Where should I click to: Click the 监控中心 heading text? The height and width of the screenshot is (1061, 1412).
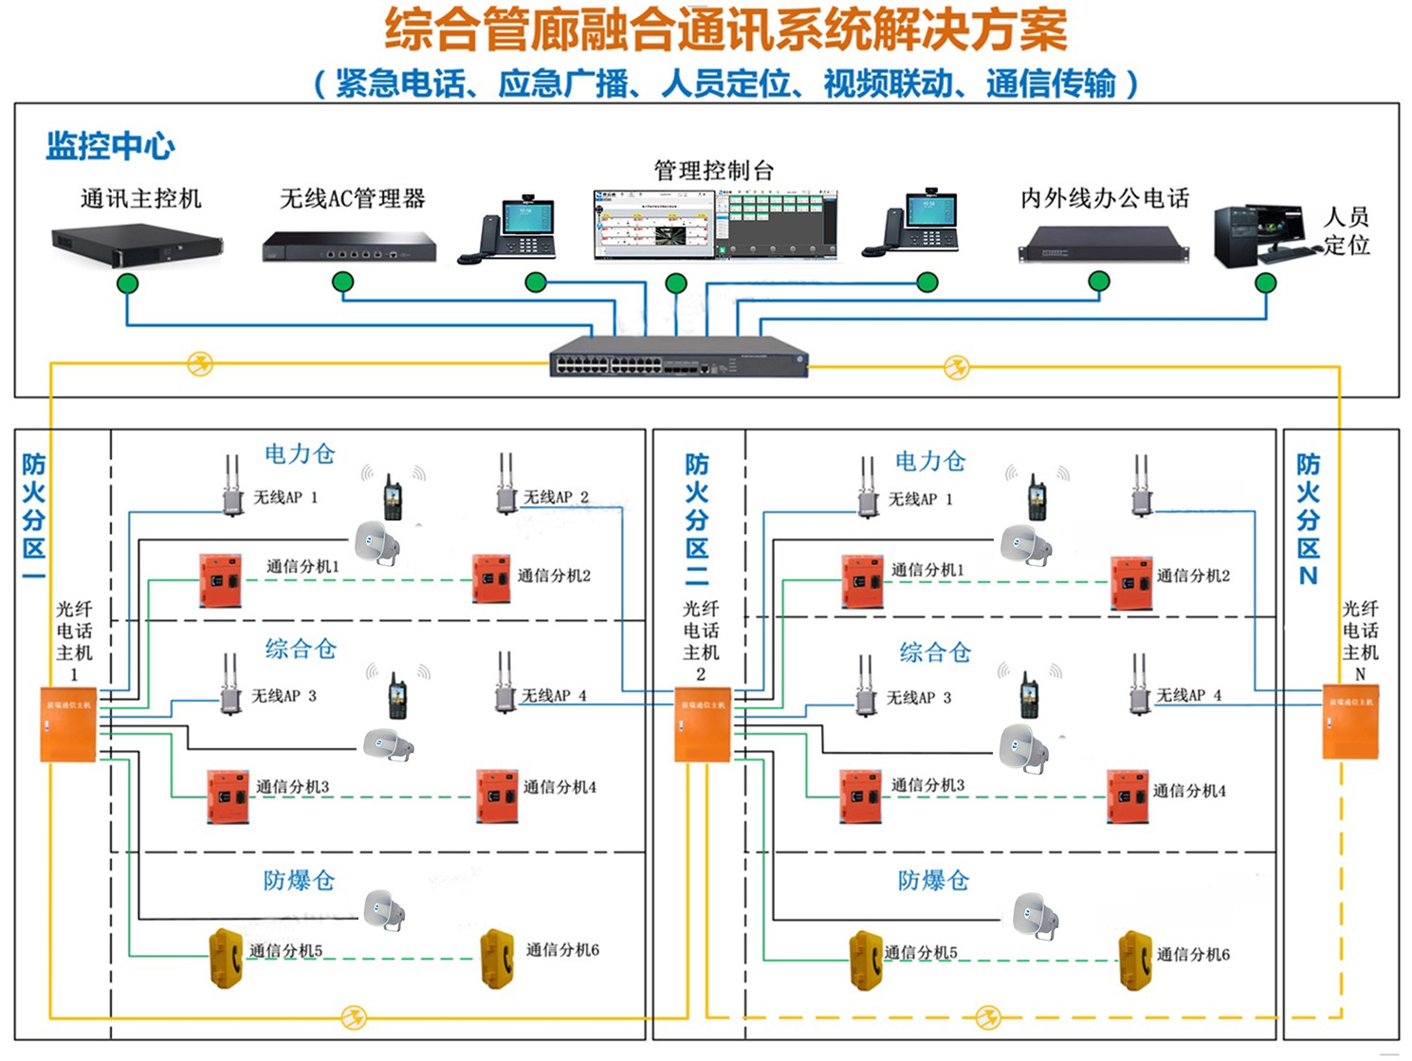click(110, 146)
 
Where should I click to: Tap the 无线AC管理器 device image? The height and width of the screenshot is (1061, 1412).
click(348, 247)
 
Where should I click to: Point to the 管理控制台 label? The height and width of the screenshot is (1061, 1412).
click(714, 171)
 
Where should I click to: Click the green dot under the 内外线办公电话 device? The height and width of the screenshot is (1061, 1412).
click(1098, 281)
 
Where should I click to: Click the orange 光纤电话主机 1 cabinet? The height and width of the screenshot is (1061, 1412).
click(68, 724)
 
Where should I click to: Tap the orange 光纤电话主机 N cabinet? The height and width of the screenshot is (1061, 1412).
click(1350, 723)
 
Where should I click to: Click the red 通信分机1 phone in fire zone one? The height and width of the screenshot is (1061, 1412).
click(219, 579)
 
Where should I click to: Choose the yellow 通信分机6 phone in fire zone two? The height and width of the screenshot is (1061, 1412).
click(1134, 960)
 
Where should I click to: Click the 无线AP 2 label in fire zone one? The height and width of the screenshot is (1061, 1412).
click(556, 497)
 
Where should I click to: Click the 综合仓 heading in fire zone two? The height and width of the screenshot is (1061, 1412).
click(935, 652)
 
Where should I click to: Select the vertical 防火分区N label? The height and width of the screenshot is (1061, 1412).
click(1308, 519)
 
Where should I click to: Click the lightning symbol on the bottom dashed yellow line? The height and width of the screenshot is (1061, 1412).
click(987, 1017)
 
